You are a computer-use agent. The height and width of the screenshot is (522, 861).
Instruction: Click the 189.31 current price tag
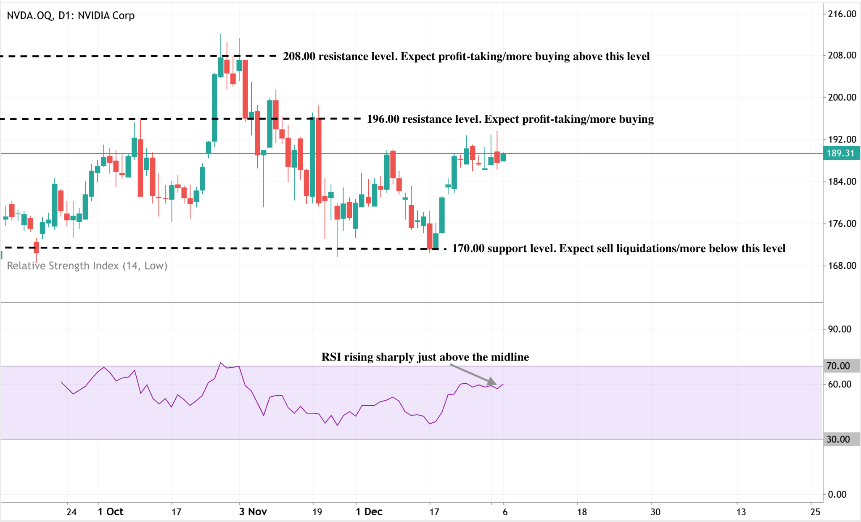pyautogui.click(x=840, y=153)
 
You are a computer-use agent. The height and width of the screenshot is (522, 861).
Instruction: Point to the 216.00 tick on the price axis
pyautogui.click(x=842, y=14)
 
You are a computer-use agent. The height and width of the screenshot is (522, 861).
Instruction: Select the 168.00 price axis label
pyautogui.click(x=842, y=266)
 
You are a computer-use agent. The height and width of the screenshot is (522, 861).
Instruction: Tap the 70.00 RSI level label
pyautogui.click(x=838, y=366)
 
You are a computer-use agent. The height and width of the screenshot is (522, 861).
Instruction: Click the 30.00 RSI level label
pyautogui.click(x=838, y=440)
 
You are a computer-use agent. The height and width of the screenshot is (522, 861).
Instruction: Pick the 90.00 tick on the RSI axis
pyautogui.click(x=840, y=330)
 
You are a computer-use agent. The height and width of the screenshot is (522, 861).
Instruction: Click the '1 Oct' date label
pyautogui.click(x=111, y=512)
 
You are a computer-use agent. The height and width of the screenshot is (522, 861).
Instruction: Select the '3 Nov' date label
pyautogui.click(x=253, y=512)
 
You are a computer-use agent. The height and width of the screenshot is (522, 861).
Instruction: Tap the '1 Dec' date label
pyautogui.click(x=369, y=512)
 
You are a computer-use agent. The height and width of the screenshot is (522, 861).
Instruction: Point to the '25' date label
pyautogui.click(x=815, y=512)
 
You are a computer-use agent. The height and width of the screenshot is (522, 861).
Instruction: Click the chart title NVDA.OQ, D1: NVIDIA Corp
pyautogui.click(x=71, y=16)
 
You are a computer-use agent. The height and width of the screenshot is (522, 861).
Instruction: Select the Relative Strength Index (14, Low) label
pyautogui.click(x=87, y=266)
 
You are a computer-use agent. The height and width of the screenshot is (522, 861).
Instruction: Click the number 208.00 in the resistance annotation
pyautogui.click(x=299, y=56)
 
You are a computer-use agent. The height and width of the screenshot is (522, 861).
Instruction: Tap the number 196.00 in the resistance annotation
pyautogui.click(x=383, y=119)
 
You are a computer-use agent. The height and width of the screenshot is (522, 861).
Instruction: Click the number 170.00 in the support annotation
pyautogui.click(x=468, y=248)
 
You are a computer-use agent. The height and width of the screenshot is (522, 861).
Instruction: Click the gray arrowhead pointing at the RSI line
pyautogui.click(x=492, y=382)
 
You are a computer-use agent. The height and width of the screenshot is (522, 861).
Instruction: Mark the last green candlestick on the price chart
pyautogui.click(x=503, y=157)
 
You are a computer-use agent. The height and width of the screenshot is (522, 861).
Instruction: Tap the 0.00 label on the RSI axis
pyautogui.click(x=837, y=495)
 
